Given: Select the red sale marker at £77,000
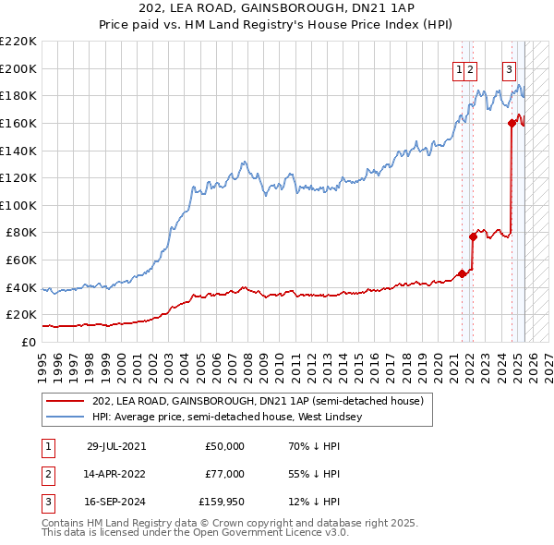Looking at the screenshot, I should click(x=473, y=236).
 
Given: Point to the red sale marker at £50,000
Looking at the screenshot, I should click(x=462, y=273).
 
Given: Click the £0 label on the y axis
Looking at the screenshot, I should click(x=29, y=342).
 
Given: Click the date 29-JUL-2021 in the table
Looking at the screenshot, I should click(x=116, y=446).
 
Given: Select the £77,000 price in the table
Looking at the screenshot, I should click(x=224, y=474).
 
